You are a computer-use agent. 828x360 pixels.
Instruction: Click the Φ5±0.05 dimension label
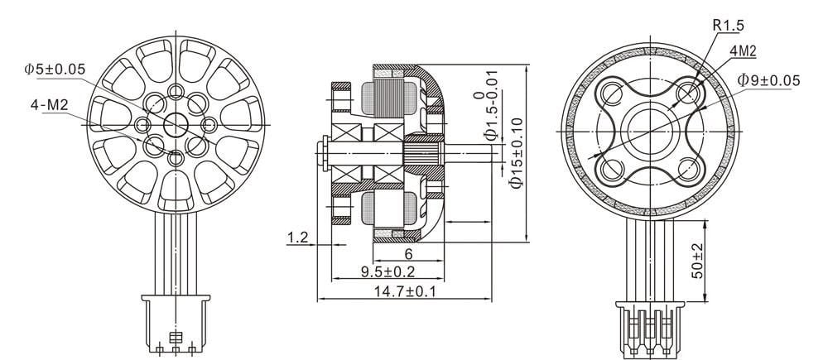click(x=55, y=70)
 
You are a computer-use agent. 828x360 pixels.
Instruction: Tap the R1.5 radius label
click(x=729, y=26)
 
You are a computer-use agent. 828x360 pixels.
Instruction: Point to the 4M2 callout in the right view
click(x=742, y=51)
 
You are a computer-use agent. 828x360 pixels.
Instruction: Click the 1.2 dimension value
click(x=299, y=238)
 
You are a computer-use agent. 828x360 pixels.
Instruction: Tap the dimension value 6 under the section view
click(x=408, y=254)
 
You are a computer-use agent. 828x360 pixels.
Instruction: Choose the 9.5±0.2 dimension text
click(x=388, y=271)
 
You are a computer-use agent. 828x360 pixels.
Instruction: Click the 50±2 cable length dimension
click(x=697, y=261)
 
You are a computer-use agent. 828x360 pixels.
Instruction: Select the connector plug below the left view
click(x=176, y=328)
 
